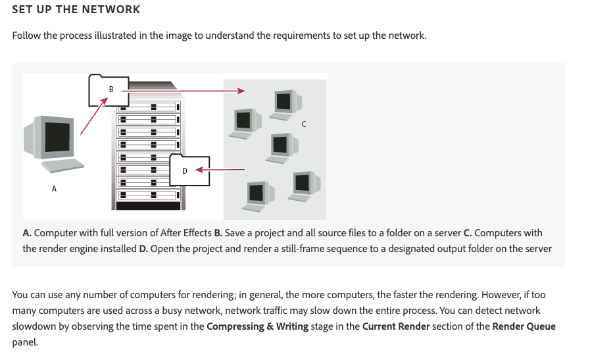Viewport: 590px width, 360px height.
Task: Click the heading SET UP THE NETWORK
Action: coord(76,9)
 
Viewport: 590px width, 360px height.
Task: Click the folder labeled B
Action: coord(109,90)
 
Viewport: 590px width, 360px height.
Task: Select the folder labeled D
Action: coord(189,170)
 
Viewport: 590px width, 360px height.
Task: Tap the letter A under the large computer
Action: coord(54,189)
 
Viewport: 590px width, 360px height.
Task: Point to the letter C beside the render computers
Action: coord(304,124)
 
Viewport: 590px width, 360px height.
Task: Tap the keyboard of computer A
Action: coord(62,166)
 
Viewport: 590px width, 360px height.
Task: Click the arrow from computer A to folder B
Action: coord(94,116)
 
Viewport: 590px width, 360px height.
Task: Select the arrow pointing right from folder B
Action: coord(184,91)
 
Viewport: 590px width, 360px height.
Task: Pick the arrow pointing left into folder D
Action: coord(220,170)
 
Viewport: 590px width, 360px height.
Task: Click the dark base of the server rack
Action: coord(148,206)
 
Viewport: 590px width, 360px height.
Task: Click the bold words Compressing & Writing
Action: coord(257,326)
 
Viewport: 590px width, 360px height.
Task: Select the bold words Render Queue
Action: coord(524,326)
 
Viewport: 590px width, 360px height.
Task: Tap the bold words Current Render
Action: coord(396,326)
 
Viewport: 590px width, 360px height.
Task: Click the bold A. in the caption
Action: coord(27,233)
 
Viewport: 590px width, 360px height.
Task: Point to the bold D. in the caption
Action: coord(143,249)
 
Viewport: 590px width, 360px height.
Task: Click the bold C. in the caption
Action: coord(468,233)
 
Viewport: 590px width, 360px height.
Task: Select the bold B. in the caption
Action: coord(218,233)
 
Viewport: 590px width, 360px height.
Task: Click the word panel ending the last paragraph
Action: coord(25,342)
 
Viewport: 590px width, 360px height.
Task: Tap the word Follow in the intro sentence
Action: coord(26,36)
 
